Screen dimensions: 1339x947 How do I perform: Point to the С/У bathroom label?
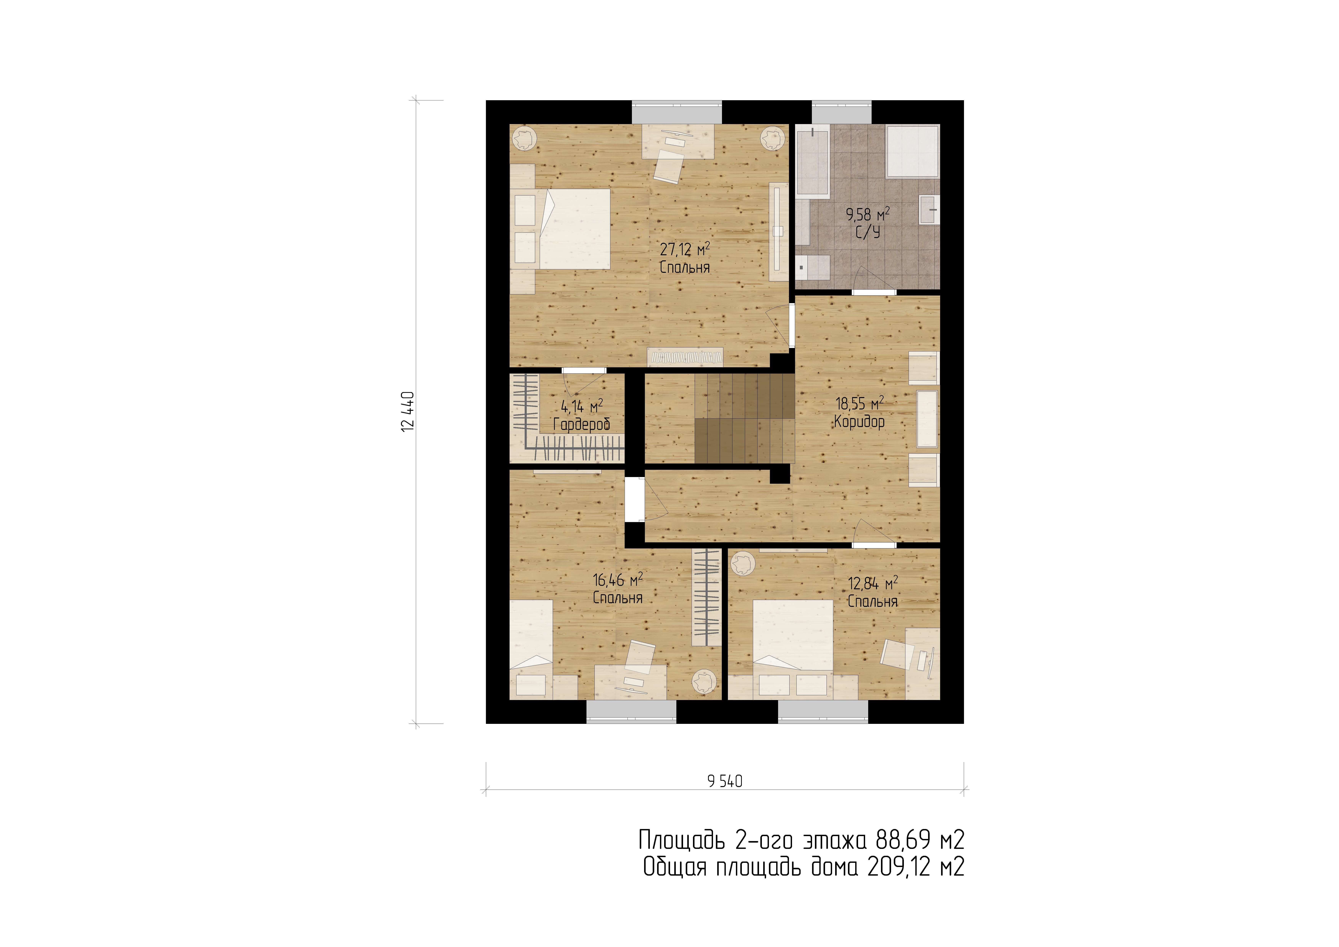[868, 232]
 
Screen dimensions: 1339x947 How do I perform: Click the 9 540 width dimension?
[725, 781]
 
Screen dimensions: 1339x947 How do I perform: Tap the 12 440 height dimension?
[408, 412]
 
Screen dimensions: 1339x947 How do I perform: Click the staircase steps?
[745, 418]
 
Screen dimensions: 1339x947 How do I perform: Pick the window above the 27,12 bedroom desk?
[677, 112]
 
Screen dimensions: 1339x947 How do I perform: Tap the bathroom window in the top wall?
[841, 112]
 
